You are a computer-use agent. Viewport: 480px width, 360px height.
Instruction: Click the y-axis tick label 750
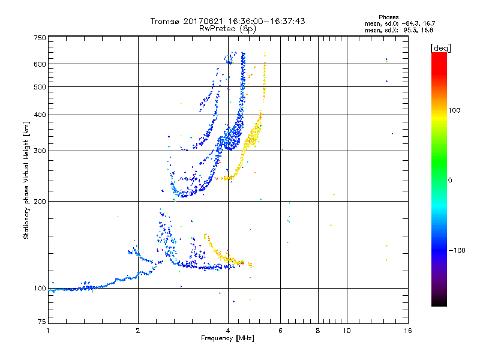point(40,37)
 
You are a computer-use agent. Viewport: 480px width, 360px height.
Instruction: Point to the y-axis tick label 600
point(40,64)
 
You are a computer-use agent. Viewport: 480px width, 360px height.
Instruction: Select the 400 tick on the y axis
point(40,115)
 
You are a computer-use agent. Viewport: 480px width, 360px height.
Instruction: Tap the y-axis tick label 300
point(40,151)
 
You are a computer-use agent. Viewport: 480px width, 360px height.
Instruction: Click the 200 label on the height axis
point(40,201)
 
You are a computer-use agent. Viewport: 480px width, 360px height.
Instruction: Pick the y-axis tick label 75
point(41,324)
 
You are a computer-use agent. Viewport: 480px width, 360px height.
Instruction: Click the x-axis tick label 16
point(407,331)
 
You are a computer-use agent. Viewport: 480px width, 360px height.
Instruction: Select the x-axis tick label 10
point(346,331)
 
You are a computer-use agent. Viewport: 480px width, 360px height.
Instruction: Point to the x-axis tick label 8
point(318,331)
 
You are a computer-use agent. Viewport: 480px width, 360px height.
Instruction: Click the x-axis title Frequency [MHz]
point(227,339)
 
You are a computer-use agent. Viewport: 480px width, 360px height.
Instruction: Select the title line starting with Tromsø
point(227,21)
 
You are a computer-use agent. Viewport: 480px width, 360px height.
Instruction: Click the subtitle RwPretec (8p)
point(227,28)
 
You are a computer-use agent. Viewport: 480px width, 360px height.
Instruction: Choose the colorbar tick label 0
point(452,180)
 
